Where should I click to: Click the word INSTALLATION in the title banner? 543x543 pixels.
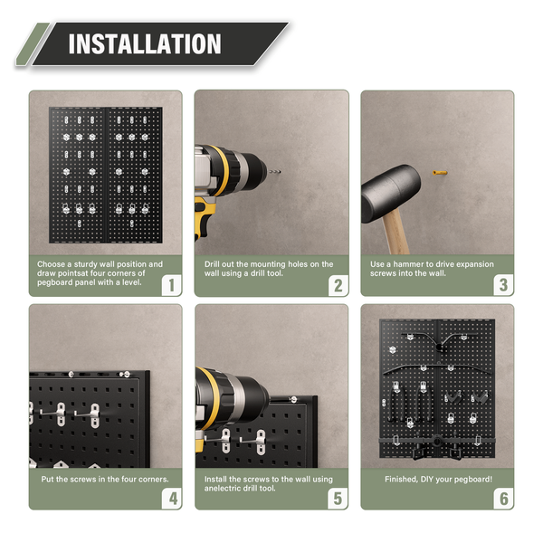point(145,43)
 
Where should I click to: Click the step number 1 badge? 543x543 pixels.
point(169,285)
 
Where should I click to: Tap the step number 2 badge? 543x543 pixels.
point(336,285)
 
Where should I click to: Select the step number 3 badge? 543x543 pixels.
point(502,285)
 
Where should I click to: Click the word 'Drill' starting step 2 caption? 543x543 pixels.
point(214,264)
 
